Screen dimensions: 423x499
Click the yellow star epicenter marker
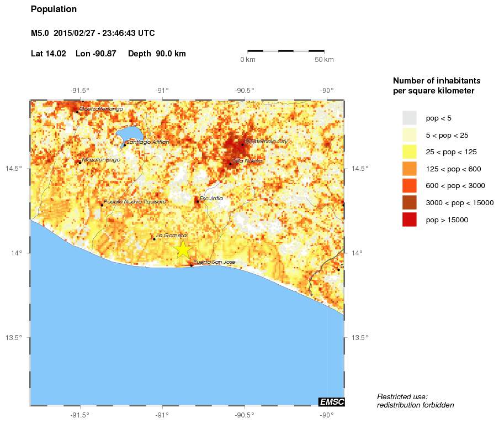[x=183, y=249]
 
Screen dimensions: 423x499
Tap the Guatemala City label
[x=266, y=142]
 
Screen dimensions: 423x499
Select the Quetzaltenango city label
[x=101, y=109]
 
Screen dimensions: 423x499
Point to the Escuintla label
[x=211, y=198]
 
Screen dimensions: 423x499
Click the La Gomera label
[x=172, y=236]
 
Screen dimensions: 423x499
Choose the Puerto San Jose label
[x=215, y=262]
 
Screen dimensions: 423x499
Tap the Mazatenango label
[x=101, y=160]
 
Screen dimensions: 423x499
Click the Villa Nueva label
[x=247, y=160]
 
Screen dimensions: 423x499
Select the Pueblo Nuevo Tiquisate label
[x=135, y=202]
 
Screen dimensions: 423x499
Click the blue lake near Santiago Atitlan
[x=131, y=134]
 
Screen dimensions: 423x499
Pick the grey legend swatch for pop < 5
[x=409, y=118]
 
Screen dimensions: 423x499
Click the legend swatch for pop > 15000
[x=409, y=220]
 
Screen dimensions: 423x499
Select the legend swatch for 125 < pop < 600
[x=409, y=169]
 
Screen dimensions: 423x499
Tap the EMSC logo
[x=331, y=401]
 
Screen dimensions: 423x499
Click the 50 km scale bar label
[x=324, y=60]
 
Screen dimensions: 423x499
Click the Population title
[x=54, y=9]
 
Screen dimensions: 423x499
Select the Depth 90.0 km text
[x=157, y=54]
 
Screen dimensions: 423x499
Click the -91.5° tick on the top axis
[x=80, y=91]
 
